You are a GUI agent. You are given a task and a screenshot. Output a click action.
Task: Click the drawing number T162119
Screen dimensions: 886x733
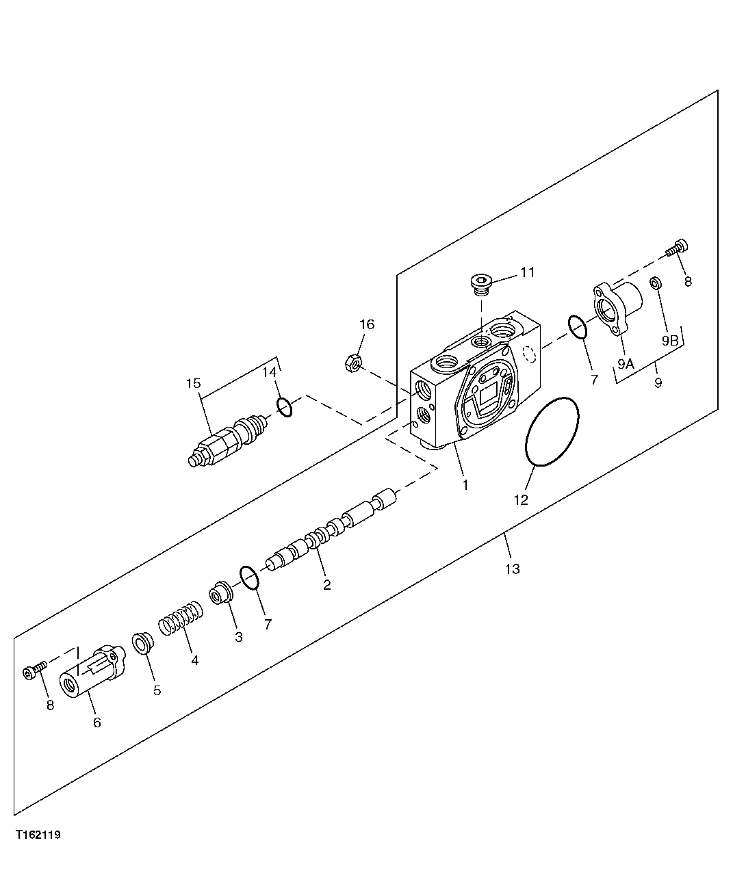click(x=39, y=835)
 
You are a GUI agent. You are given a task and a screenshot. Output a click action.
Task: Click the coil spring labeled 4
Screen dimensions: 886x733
click(x=181, y=617)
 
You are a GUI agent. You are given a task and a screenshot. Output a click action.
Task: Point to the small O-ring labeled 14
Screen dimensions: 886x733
click(x=285, y=406)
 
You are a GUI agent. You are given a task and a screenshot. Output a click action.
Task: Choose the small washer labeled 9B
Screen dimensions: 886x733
click(x=655, y=283)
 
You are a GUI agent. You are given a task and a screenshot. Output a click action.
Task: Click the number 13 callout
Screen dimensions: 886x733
click(x=512, y=569)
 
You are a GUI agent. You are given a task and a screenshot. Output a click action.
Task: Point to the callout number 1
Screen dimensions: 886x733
click(x=465, y=485)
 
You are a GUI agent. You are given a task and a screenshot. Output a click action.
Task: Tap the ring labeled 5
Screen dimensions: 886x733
click(x=142, y=644)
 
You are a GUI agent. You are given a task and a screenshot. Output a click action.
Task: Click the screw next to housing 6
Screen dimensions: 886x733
click(x=35, y=670)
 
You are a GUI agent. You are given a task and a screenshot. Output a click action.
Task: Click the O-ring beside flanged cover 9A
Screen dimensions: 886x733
click(x=577, y=328)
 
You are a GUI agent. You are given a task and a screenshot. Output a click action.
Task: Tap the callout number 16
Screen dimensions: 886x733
click(x=368, y=324)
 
